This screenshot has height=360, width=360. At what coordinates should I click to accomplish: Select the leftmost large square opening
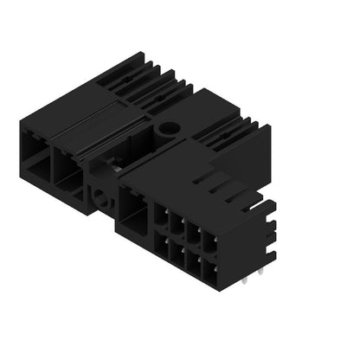click(34, 156)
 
